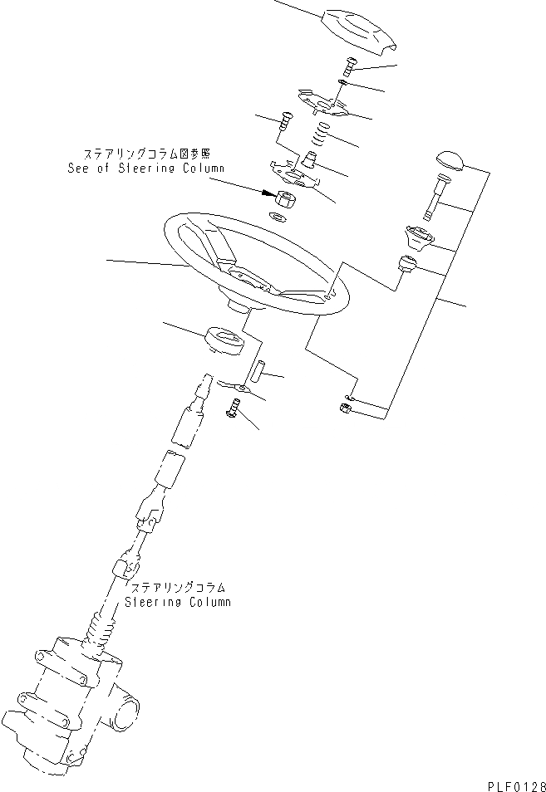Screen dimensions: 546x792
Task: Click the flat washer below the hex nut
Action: click(279, 218)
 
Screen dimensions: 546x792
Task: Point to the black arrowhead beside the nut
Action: click(267, 193)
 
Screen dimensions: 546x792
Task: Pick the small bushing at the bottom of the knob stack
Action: click(405, 265)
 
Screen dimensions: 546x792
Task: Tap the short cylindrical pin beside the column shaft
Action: click(257, 369)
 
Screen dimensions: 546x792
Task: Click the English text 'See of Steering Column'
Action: click(146, 169)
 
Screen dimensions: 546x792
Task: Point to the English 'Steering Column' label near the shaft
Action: click(177, 601)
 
